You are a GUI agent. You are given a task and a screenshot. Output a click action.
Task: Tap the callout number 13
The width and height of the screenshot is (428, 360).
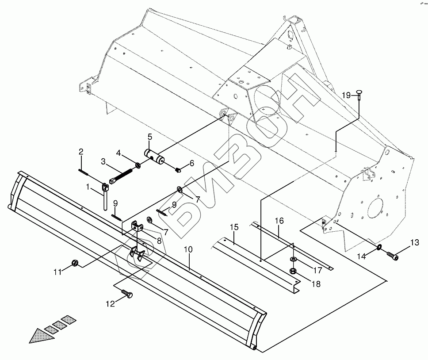[414, 242]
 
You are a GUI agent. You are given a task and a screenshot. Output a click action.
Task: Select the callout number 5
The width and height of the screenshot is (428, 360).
[150, 137]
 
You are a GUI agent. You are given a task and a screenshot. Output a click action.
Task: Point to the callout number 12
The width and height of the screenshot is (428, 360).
[110, 303]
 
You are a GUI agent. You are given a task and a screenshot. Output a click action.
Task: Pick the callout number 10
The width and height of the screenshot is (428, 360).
[188, 249]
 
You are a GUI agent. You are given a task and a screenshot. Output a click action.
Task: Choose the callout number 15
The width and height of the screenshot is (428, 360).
[234, 227]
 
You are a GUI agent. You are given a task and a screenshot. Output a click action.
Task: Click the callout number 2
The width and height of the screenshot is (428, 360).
[81, 152]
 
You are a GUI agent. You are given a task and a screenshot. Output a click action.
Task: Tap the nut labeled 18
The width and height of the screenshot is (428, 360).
[293, 271]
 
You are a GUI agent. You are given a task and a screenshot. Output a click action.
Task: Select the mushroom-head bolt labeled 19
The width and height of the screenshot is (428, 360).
[358, 93]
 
